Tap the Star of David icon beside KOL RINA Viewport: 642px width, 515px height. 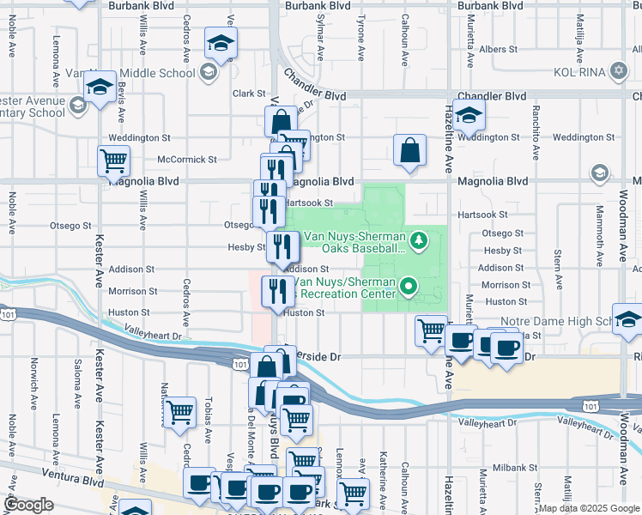[619, 70]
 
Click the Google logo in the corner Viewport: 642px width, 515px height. [28, 504]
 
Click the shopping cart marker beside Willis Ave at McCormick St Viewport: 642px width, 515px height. [116, 159]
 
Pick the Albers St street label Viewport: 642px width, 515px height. [499, 50]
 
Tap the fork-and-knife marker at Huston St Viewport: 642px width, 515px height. [277, 292]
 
